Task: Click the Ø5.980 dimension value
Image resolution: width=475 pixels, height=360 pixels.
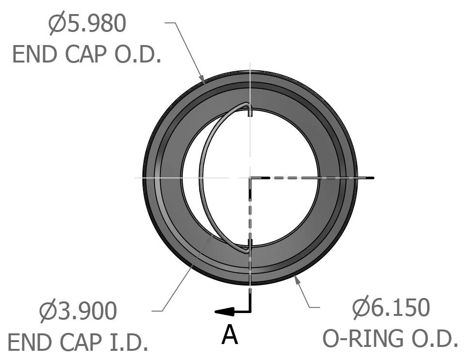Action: [88, 24]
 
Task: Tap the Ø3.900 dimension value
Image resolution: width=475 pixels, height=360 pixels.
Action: [78, 312]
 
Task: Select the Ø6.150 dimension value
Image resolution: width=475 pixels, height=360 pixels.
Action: [391, 308]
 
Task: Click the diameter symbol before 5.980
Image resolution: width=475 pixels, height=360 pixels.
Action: [57, 24]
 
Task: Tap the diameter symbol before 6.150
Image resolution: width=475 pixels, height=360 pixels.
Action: [361, 308]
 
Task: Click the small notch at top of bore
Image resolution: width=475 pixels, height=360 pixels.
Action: [250, 112]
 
